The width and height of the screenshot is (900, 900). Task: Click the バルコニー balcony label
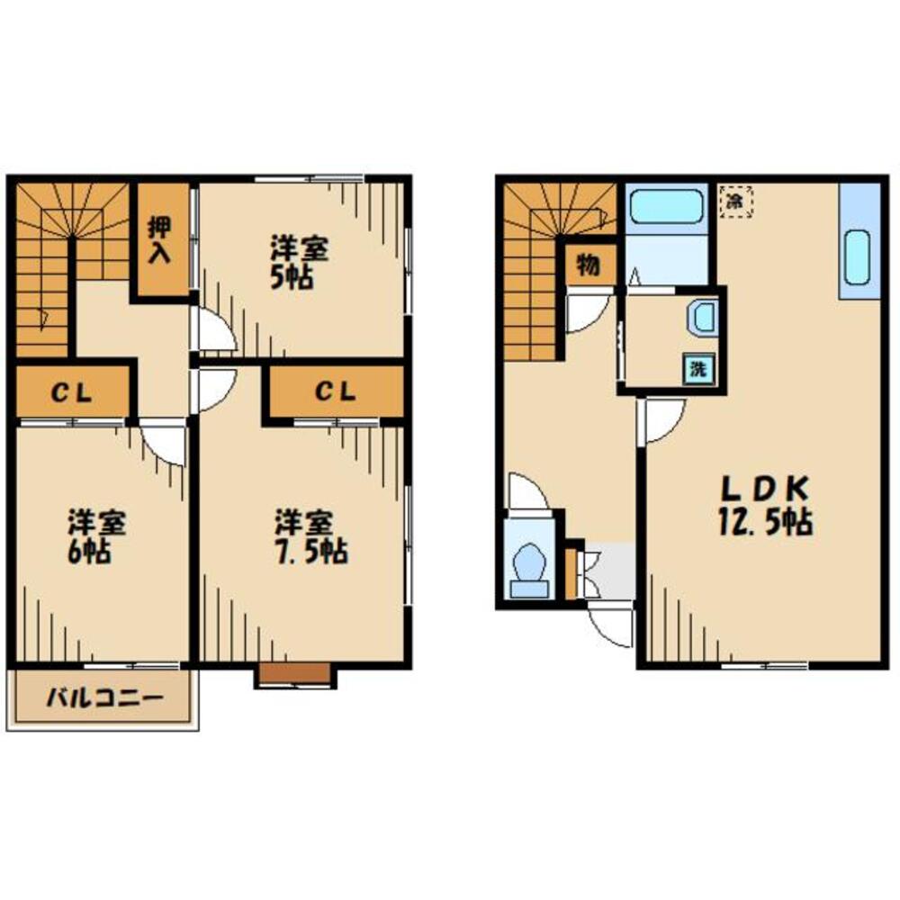[104, 699]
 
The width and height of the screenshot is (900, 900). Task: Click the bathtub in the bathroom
[666, 209]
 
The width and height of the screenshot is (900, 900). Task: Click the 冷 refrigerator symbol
[735, 201]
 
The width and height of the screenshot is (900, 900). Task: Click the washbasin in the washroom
[701, 318]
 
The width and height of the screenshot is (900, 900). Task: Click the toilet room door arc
[529, 492]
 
